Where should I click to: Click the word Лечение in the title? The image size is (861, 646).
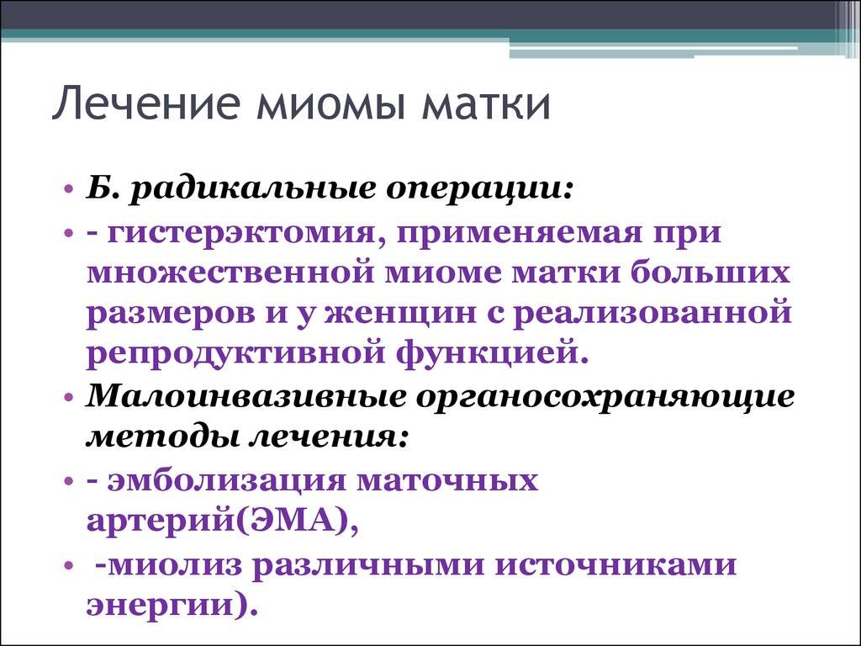pos(145,103)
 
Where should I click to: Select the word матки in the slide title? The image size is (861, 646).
pos(485,103)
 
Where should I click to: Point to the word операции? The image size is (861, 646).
pos(479,193)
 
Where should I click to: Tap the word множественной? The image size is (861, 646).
pos(228,273)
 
